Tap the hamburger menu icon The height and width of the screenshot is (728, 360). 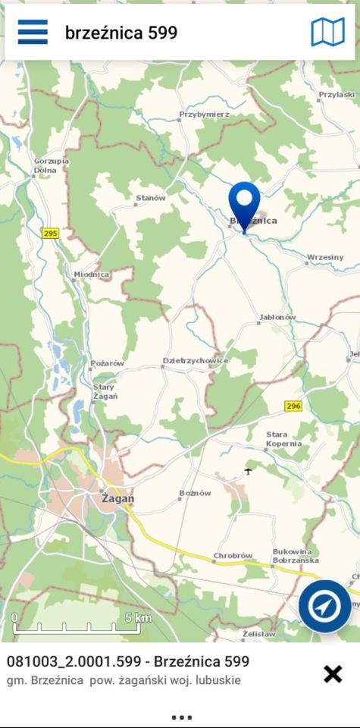33,32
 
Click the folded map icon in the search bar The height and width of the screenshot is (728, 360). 327,32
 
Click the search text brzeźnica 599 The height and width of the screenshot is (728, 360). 121,33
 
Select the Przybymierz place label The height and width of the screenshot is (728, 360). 204,115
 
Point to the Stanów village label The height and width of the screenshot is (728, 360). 150,198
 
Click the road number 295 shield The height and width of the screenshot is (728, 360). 50,234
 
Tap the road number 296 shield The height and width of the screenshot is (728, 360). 293,406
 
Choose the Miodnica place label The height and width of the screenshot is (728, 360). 92,274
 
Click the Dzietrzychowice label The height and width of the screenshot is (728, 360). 196,361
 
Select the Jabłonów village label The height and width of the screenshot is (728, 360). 277,317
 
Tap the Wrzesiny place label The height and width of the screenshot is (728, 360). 325,257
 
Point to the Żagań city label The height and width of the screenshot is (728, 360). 117,498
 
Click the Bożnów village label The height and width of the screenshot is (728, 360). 195,493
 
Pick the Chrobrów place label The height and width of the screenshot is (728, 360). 233,556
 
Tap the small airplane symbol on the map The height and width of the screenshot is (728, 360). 248,472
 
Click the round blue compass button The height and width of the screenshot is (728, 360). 324,606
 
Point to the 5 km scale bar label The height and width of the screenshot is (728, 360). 138,617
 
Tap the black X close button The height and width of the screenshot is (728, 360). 333,673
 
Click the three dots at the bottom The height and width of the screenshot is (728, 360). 181,717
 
